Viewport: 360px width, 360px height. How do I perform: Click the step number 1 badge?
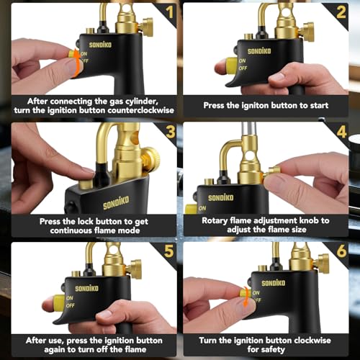(x=168, y=12)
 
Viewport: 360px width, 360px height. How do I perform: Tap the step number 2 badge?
(x=341, y=12)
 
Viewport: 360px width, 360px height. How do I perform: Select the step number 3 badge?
(x=168, y=132)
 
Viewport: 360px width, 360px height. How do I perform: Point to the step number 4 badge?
(x=341, y=132)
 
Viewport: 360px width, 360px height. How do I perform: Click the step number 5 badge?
(x=168, y=252)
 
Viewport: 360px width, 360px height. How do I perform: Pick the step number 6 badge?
(x=341, y=252)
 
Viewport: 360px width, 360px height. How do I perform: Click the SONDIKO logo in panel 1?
(x=101, y=44)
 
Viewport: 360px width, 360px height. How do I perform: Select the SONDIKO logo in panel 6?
(x=274, y=283)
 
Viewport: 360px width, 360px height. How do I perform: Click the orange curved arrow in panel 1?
(x=75, y=63)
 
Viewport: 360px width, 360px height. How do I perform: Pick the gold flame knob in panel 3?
(x=150, y=160)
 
